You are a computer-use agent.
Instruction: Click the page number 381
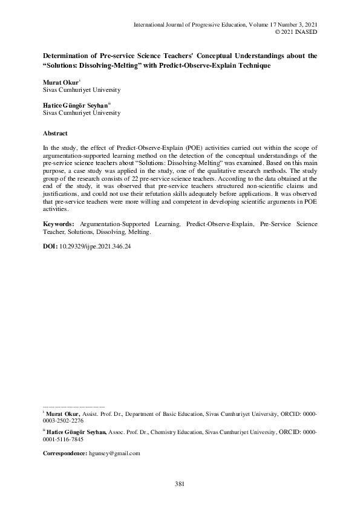pos(180,483)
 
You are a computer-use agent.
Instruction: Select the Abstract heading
pos(55,133)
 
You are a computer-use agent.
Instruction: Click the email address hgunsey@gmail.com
pos(115,453)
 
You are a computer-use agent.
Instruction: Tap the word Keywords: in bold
pos(57,224)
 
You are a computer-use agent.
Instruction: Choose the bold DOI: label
pos(50,247)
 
